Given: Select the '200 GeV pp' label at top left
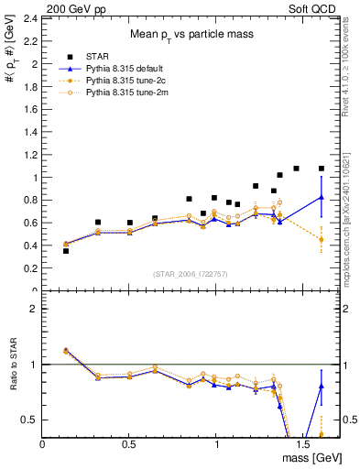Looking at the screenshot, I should tap(71, 6).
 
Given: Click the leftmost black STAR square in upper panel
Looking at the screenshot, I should tap(66, 250).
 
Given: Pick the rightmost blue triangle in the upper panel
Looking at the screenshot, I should tap(322, 197).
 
